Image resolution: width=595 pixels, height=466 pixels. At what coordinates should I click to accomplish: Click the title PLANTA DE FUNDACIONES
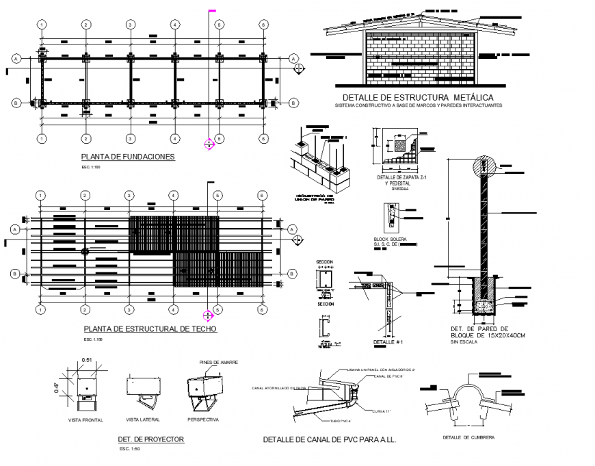point(128,157)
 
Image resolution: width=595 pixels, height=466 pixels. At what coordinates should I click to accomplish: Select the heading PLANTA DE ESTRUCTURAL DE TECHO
point(148,329)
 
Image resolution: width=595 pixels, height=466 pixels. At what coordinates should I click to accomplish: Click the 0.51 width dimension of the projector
point(86,360)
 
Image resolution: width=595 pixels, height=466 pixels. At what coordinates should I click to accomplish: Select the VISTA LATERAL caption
point(142,419)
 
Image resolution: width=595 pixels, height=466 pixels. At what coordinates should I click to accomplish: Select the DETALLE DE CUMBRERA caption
point(468,437)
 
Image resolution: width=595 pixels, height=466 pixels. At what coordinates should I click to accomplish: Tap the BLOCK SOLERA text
point(390,240)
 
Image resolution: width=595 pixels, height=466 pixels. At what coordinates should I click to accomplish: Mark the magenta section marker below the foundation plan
point(210,144)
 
